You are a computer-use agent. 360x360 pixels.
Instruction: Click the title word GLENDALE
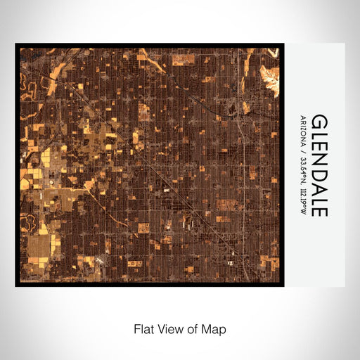tap(319, 165)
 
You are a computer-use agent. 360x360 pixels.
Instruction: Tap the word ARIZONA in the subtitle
tap(303, 131)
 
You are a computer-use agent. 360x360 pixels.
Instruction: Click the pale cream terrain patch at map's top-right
tap(270, 73)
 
